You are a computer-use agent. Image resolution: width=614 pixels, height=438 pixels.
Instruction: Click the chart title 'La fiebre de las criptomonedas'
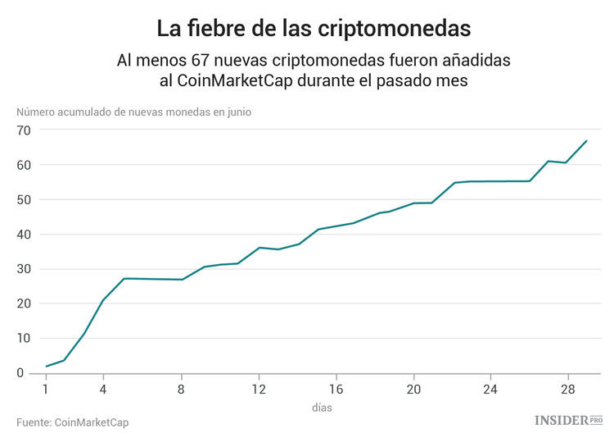[314, 28]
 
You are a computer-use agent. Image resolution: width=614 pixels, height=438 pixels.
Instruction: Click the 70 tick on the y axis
[22, 130]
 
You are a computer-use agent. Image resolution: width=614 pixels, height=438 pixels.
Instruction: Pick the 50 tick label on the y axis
[22, 200]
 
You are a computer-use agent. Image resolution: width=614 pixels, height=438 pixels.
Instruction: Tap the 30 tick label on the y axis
[22, 269]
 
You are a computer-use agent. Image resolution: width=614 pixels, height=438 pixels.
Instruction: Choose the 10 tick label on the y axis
[22, 339]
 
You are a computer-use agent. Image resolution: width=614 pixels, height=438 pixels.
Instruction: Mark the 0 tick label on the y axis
[25, 373]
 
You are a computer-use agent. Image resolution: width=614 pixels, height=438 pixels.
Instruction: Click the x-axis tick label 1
[46, 389]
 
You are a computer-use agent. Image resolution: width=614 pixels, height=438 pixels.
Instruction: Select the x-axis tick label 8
[182, 389]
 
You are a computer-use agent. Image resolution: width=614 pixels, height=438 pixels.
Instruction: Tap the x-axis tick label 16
[336, 389]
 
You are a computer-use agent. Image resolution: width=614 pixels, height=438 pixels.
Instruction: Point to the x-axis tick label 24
[490, 389]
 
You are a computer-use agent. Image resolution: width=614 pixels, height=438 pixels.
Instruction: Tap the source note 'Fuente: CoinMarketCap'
[72, 422]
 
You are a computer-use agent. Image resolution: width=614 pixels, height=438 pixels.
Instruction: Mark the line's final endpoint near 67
[587, 140]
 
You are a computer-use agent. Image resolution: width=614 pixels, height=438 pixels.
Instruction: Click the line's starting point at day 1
[46, 367]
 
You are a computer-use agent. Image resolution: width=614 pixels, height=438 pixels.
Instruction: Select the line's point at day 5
[124, 279]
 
